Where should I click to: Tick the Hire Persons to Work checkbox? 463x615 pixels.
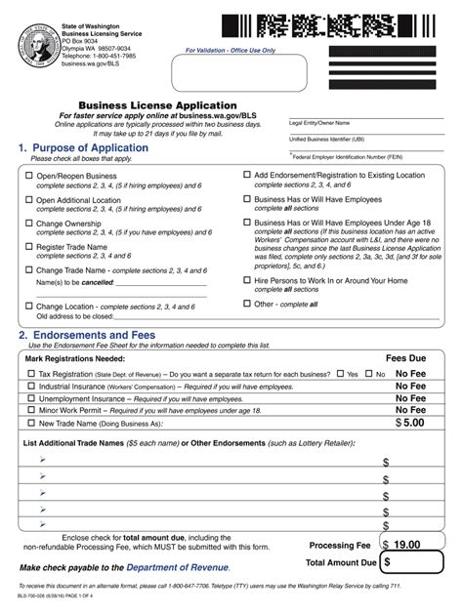(245, 280)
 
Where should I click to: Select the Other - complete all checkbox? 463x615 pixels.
(245, 304)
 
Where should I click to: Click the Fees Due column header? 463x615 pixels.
(405, 358)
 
